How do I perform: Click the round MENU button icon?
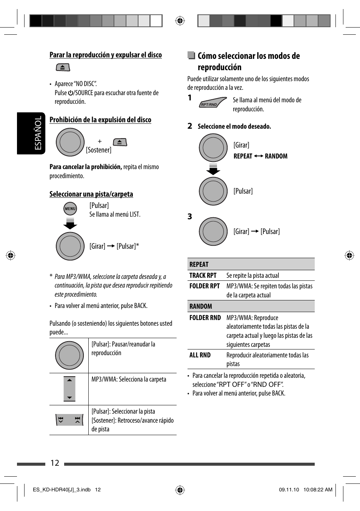tap(70, 209)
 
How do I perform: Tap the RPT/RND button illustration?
tap(212, 103)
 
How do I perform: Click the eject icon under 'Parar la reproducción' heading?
tap(63, 68)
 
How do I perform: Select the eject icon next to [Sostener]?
tap(120, 142)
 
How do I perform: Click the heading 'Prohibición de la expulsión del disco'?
tap(100, 120)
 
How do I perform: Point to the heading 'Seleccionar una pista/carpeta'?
tap(91, 194)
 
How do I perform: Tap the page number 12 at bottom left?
tap(55, 463)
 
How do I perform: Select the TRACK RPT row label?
tap(203, 276)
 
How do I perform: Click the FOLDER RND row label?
tap(205, 318)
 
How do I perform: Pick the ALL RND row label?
tap(200, 355)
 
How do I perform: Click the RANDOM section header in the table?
tap(201, 306)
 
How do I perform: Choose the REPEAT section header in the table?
tap(199, 265)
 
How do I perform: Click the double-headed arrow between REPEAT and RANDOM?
tap(258, 156)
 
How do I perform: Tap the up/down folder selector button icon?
tap(69, 389)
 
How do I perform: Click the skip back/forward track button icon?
tap(69, 420)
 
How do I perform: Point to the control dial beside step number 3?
tap(213, 231)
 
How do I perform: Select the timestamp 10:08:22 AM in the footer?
tap(318, 489)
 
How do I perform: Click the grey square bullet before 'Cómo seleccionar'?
tap(191, 55)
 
